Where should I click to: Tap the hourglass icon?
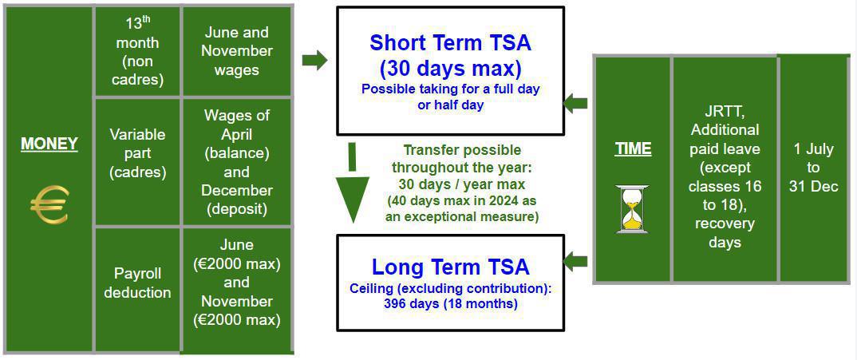point(633,208)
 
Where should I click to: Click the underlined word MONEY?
point(49,144)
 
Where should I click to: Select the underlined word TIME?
point(633,149)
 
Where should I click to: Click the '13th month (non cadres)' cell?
point(137,51)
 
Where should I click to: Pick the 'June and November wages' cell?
point(237,51)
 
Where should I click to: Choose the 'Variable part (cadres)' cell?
point(137,153)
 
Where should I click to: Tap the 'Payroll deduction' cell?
point(137,283)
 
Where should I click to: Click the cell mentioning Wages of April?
point(237,162)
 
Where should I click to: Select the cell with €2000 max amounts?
point(237,283)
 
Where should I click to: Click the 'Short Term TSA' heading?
point(450,54)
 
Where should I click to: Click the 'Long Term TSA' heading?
point(450,267)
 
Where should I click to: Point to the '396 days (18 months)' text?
point(450,304)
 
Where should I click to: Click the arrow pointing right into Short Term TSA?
point(315,60)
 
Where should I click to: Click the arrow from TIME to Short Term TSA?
point(575,103)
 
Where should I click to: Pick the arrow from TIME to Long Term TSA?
point(575,261)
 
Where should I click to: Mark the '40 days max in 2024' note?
point(462,208)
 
